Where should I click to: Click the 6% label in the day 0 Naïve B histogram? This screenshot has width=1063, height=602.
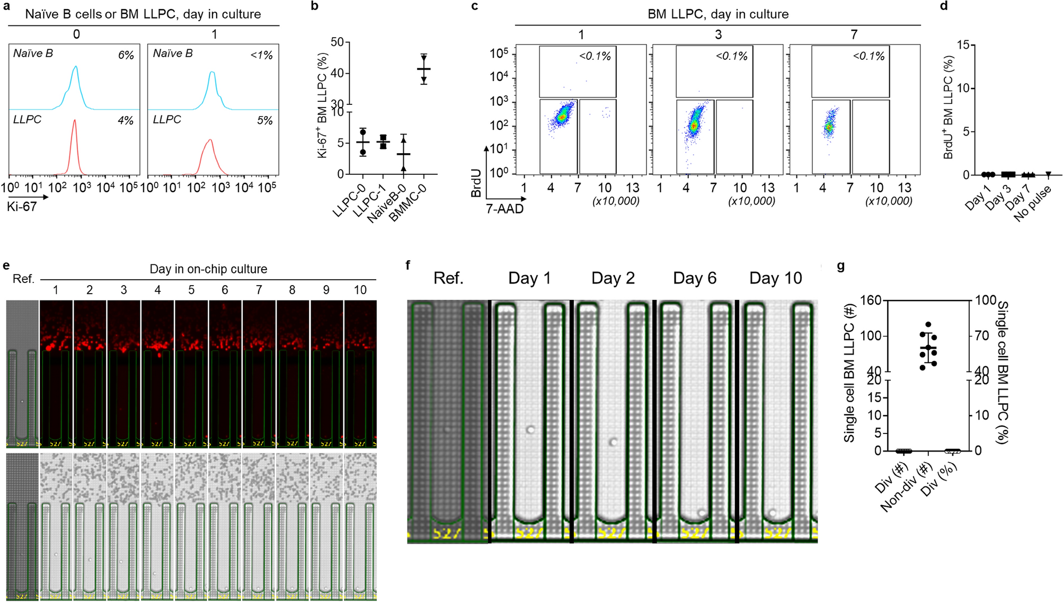coord(126,55)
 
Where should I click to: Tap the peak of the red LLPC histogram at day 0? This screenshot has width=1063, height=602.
coord(74,121)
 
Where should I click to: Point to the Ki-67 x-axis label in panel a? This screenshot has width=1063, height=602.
coord(22,207)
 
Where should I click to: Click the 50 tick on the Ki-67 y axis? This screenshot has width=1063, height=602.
coord(337,42)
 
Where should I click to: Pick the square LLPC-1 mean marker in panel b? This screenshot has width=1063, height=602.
coord(383,141)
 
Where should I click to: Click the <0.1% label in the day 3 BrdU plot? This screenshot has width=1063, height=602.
coord(731,56)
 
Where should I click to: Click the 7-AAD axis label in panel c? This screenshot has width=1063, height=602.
coord(504,209)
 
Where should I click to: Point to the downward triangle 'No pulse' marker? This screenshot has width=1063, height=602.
coord(1048,174)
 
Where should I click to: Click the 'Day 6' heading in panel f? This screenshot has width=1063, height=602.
coord(694,278)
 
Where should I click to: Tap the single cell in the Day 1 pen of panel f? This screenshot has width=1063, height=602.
coord(530,429)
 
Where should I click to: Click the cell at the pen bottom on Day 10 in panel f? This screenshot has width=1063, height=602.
coord(772,512)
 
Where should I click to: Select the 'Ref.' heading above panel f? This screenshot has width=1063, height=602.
coord(448,278)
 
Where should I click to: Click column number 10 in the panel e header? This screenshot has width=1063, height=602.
coord(360,290)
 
